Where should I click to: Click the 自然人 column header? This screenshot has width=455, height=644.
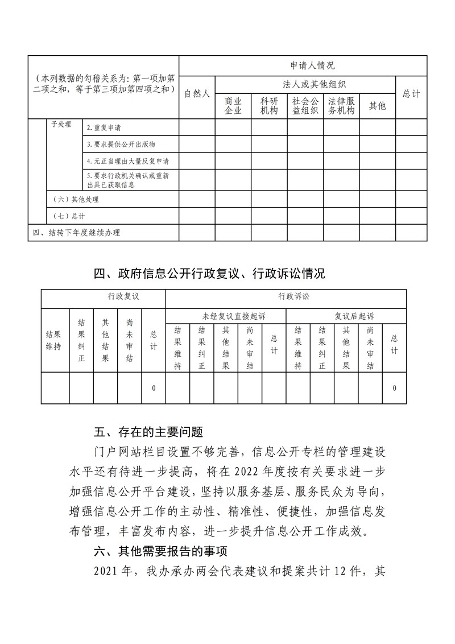197,94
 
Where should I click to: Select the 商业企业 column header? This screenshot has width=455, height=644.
233,106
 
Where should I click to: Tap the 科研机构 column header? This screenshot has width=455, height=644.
269,106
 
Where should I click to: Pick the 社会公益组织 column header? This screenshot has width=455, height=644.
305,106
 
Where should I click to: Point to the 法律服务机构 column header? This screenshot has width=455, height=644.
341,106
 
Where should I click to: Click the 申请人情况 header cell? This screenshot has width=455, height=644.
303,65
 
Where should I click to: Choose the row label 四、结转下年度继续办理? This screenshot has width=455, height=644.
76,232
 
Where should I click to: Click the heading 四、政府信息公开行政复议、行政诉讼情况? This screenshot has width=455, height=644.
209,274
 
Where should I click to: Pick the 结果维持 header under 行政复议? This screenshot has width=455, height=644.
53,341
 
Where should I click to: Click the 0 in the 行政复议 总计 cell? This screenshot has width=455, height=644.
154,388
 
